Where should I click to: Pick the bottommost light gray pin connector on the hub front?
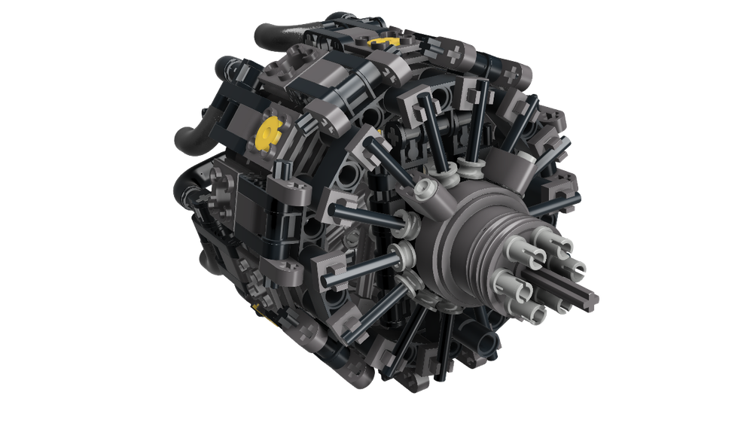coord(544,311)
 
